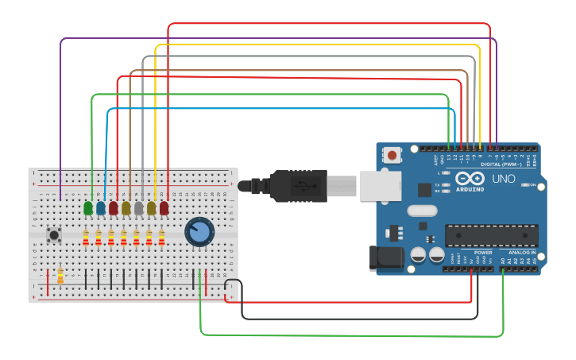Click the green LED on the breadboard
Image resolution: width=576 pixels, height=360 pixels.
point(87,208)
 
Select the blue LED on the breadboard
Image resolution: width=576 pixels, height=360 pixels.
point(100,208)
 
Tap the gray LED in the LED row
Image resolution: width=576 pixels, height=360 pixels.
point(138,208)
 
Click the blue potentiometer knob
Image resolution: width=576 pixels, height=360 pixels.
point(199,232)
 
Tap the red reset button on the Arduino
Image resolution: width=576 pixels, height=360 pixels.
point(392,155)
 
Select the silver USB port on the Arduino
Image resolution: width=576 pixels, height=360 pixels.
point(380,187)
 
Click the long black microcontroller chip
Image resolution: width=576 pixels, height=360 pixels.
point(491,236)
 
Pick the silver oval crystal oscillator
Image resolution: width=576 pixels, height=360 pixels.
point(422,211)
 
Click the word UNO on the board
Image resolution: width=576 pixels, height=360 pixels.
point(504,179)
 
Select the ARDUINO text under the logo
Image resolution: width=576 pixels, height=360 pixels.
point(470,190)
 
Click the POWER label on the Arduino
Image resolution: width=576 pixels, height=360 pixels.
point(483,253)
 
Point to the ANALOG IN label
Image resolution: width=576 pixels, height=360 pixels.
point(522,253)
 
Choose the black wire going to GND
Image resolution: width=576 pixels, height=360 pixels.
point(358,318)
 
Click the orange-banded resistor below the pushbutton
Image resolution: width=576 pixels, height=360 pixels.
point(60,276)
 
